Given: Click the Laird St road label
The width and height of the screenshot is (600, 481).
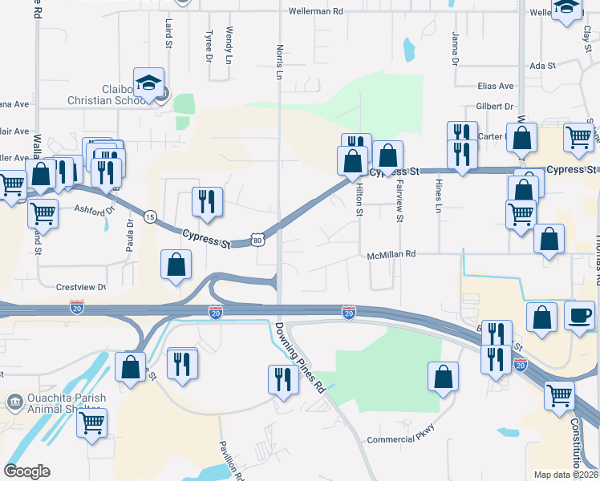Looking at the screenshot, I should pos(169,32).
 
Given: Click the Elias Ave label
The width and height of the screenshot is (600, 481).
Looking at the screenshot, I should pos(495,86).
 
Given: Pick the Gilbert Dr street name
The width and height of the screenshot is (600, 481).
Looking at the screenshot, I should pos(493,107).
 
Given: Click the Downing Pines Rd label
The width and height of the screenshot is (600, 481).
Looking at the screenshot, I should pos(298,357).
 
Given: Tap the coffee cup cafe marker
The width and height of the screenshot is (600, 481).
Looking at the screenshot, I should pos(579,314).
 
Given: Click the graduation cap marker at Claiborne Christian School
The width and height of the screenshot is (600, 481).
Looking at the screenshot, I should pos(148,82).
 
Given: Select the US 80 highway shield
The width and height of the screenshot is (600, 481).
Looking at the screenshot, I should pos(257,240).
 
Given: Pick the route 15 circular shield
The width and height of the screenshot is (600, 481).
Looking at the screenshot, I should pos(150,216).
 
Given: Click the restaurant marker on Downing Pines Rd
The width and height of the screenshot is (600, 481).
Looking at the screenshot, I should pos(282,378).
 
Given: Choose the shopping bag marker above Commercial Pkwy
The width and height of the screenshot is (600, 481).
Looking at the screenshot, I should pos(443,377).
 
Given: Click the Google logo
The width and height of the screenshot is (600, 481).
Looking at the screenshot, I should pos(27,471).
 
